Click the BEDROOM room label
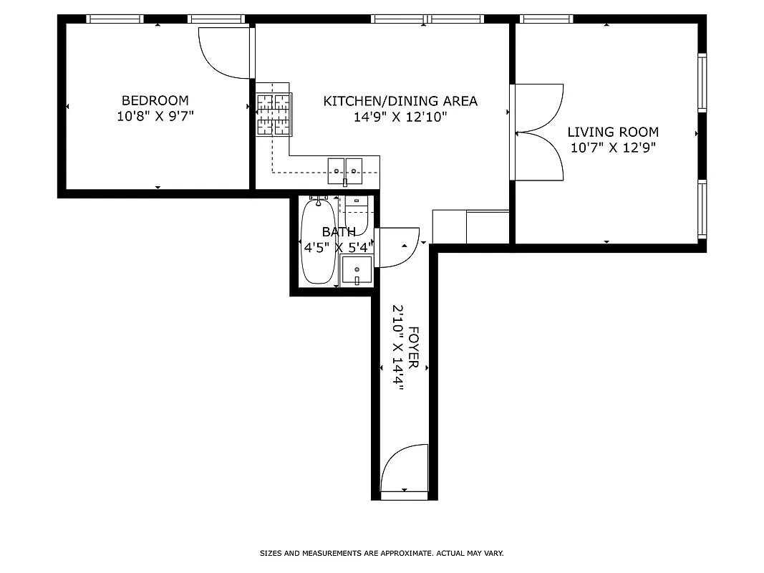tap(155, 101)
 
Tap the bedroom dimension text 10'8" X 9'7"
tap(155, 117)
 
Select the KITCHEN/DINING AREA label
tap(400, 101)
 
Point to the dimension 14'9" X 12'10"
tap(400, 117)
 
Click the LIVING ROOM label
tap(613, 133)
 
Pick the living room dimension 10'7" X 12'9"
tap(613, 148)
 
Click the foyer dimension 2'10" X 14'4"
tap(397, 348)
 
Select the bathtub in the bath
tap(317, 242)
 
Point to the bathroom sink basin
tap(357, 271)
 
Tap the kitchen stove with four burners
tap(274, 115)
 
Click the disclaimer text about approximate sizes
tap(382, 554)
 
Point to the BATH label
tap(339, 232)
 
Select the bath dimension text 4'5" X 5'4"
tap(339, 248)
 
